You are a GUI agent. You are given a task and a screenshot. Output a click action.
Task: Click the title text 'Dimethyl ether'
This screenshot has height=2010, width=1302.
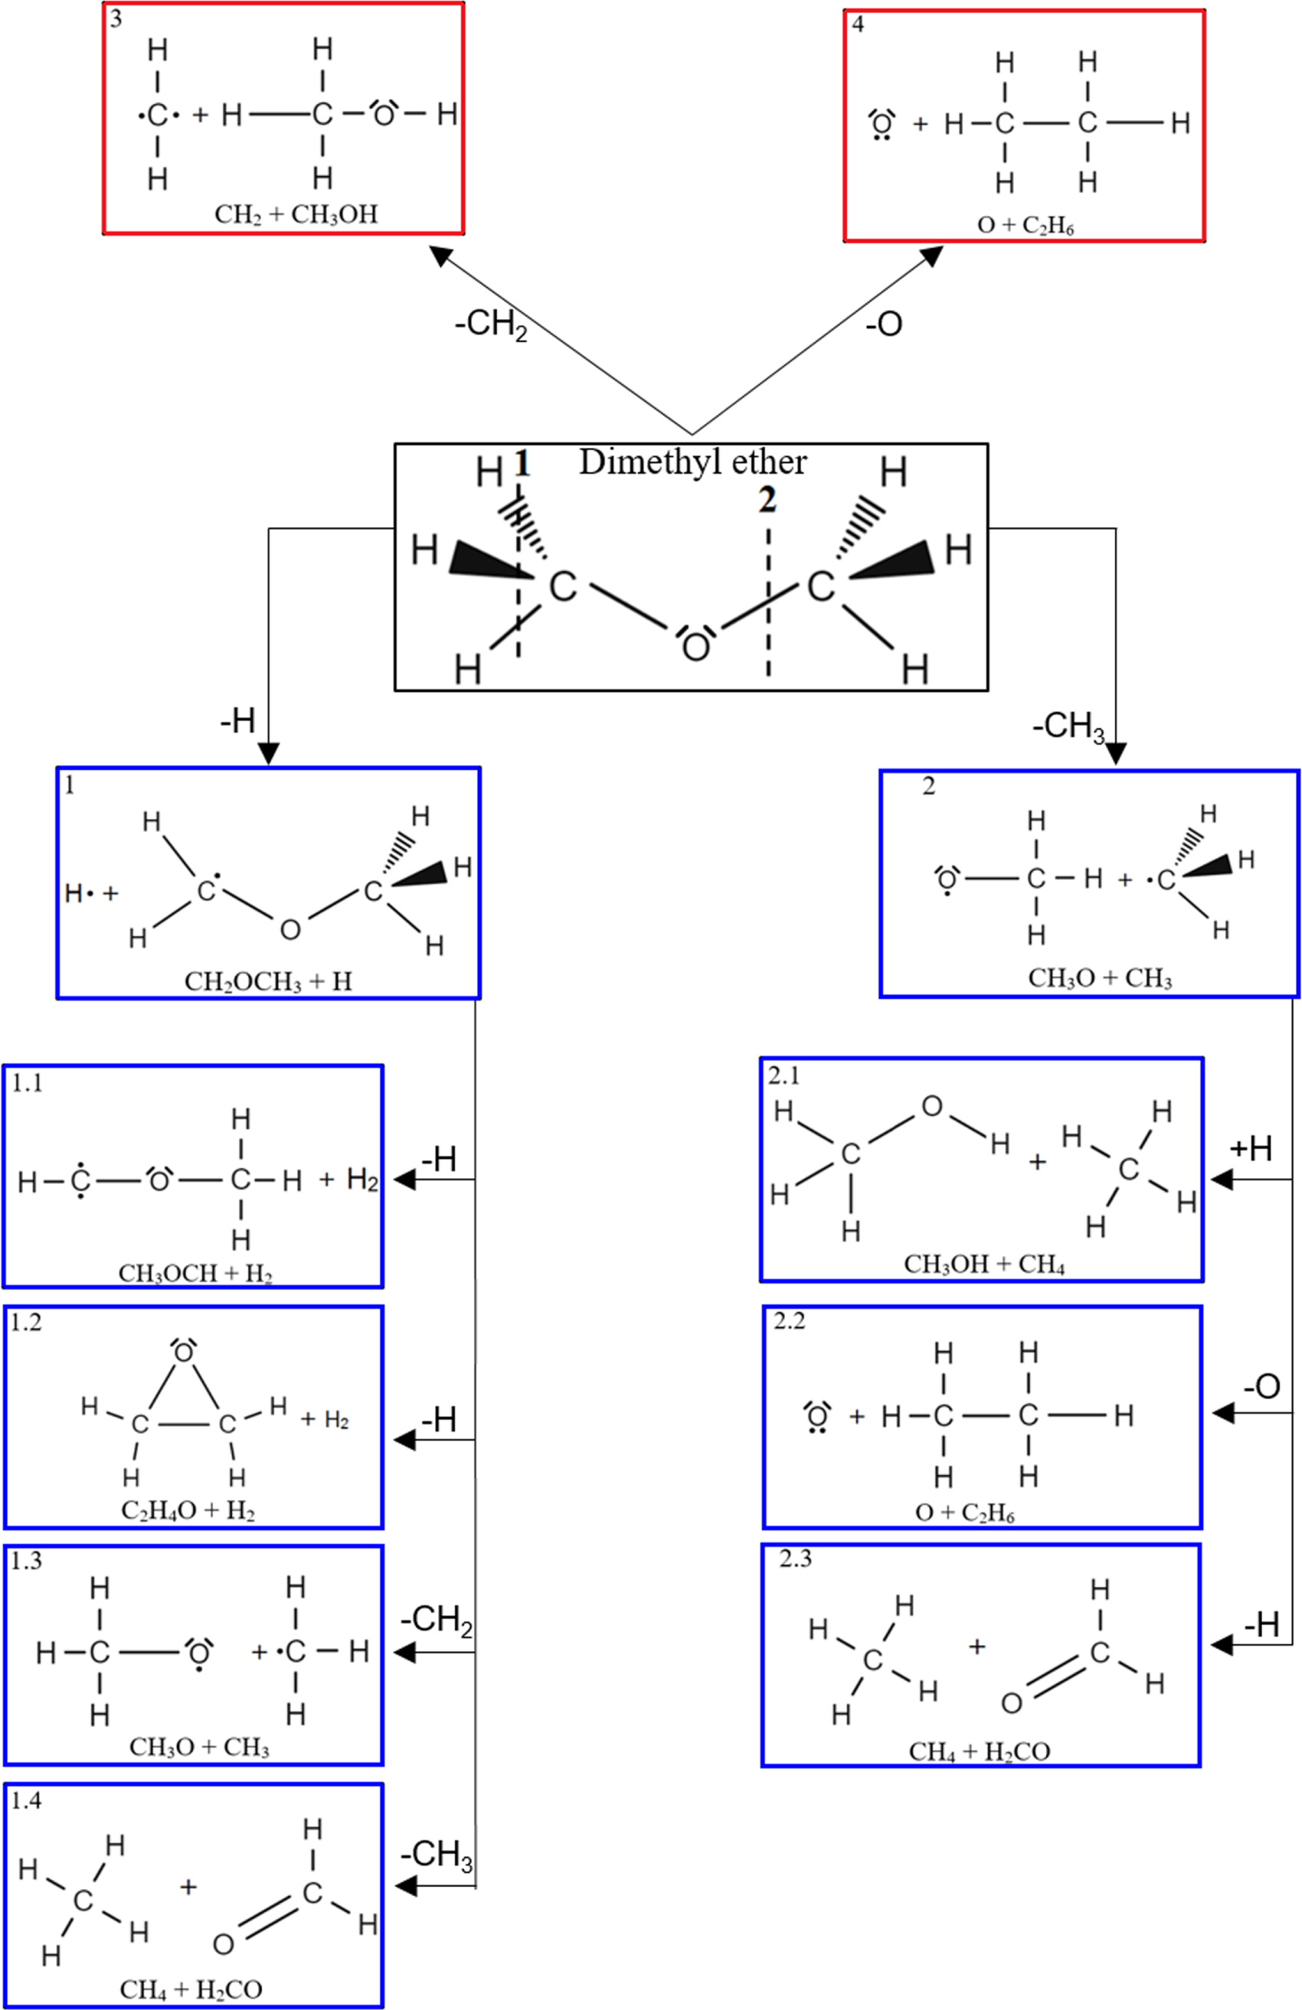(692, 462)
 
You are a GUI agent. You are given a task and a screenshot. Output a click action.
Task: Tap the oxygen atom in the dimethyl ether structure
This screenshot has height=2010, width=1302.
(695, 647)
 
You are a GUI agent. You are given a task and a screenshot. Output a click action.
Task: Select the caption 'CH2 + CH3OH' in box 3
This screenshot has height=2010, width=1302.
(296, 214)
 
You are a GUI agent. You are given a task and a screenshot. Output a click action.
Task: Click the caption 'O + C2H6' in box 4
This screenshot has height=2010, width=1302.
(1025, 227)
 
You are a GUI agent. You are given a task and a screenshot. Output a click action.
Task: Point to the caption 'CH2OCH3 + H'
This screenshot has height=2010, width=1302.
(268, 981)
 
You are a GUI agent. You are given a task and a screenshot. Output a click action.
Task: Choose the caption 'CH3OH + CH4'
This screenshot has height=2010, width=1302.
(983, 1264)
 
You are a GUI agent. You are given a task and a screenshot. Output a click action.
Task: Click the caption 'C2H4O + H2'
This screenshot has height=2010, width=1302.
(188, 1510)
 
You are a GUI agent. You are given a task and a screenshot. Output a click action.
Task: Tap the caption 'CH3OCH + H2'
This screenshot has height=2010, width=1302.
(195, 1273)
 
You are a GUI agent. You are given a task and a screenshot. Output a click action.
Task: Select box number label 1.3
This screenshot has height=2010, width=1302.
(26, 1561)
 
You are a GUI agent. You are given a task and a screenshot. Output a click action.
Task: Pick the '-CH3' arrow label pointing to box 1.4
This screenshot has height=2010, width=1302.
(436, 1855)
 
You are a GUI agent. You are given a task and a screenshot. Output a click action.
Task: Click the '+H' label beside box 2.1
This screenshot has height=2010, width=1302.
(1251, 1149)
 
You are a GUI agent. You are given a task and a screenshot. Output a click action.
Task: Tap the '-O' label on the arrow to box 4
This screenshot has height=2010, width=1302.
(884, 324)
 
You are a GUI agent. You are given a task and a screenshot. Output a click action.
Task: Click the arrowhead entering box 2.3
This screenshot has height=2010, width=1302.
(1222, 1645)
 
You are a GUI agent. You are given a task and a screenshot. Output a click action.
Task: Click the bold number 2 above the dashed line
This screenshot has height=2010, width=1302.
(767, 501)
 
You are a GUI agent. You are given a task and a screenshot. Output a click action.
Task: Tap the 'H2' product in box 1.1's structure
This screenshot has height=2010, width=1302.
(361, 1179)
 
